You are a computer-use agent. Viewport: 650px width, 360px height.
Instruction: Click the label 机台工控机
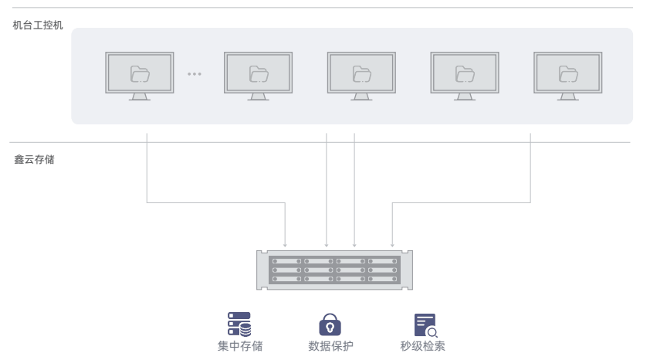(38, 25)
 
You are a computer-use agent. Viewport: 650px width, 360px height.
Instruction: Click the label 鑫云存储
(34, 159)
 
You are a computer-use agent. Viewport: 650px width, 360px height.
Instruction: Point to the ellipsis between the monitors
(195, 74)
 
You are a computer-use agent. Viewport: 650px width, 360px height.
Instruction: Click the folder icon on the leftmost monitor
(140, 73)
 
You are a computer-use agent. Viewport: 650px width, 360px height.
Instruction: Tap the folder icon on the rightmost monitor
(567, 73)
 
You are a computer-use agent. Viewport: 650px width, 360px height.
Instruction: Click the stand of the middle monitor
(361, 97)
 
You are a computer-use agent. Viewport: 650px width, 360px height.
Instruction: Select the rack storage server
(334, 269)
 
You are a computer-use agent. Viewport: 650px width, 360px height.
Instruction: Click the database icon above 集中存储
(239, 324)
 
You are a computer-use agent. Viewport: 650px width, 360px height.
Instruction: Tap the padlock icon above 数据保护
(330, 324)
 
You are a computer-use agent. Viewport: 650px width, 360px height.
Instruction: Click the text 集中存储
(240, 346)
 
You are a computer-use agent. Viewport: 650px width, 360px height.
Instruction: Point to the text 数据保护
(330, 346)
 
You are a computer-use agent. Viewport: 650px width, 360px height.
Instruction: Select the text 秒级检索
(422, 346)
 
